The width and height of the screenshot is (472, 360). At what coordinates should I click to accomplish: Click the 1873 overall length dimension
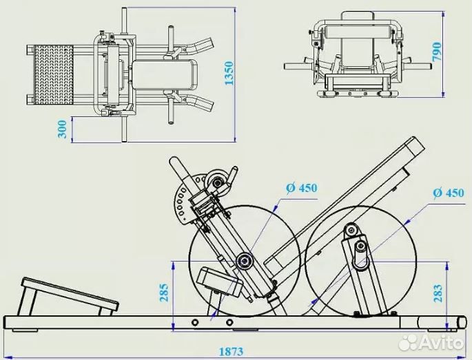(232, 351)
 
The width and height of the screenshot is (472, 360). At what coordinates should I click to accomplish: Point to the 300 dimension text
(63, 129)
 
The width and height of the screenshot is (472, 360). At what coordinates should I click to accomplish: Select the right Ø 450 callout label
(448, 193)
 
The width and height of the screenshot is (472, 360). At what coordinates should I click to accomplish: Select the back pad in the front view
(356, 29)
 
